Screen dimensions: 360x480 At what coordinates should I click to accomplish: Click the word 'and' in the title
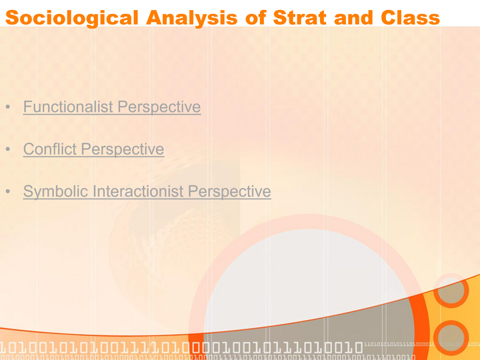point(354,17)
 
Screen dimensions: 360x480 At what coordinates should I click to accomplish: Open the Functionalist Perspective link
point(111,107)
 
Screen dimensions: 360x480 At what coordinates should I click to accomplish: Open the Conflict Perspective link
point(93,149)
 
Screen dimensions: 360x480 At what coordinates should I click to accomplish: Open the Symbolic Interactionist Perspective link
point(147,192)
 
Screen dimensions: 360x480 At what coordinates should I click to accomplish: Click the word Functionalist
point(69,107)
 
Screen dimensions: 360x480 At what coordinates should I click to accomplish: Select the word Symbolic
point(55,192)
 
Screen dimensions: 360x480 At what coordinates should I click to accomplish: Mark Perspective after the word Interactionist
point(230,192)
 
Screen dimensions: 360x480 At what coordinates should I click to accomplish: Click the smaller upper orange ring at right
point(451,291)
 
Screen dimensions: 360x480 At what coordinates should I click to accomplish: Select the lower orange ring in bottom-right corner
point(451,338)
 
